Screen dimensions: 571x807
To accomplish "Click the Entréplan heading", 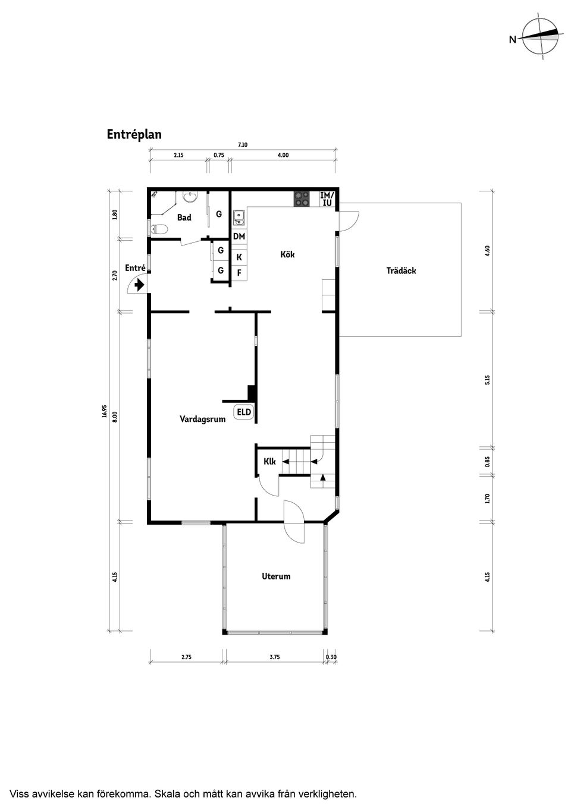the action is [134, 134].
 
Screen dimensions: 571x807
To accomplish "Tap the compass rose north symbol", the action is [541, 38].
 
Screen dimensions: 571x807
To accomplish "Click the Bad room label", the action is [184, 217].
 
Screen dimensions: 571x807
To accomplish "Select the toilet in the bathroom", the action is [159, 229].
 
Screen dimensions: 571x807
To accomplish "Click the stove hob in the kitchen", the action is [302, 199].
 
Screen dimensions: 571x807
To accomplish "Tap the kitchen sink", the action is [239, 218].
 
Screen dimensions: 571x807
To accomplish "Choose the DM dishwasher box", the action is [239, 237].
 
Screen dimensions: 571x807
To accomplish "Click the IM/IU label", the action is [327, 199].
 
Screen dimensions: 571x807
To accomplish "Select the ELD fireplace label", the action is [244, 412].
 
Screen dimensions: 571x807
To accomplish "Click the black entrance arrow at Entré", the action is [139, 286].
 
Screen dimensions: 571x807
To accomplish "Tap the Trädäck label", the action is [401, 270].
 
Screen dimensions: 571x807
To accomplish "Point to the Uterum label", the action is [276, 576].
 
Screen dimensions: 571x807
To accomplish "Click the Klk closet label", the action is [269, 462].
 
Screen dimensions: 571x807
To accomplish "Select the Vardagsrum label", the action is [203, 419].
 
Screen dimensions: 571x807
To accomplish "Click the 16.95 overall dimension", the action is [105, 411].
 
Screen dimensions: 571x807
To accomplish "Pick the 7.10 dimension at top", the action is [243, 145].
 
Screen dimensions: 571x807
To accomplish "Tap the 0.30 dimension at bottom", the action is [331, 657].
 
